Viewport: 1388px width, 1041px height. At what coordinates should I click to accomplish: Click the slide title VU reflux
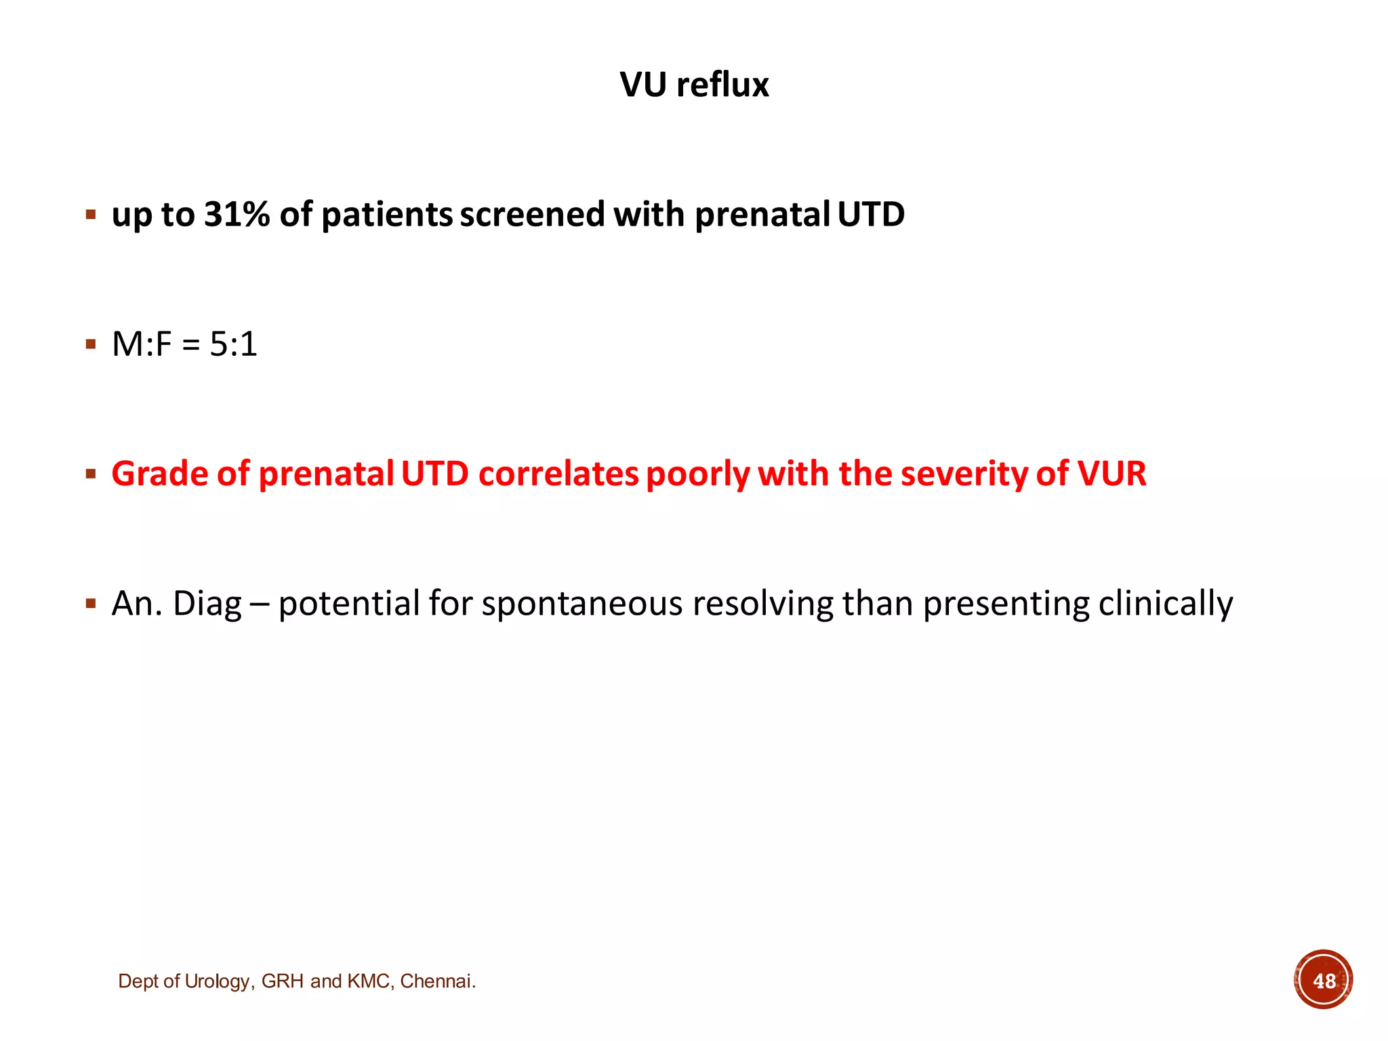tap(694, 85)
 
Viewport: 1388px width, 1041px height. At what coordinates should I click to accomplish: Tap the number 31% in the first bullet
tap(237, 214)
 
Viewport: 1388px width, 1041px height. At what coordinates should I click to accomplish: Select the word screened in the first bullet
tap(532, 214)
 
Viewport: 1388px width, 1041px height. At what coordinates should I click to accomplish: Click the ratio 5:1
tap(233, 344)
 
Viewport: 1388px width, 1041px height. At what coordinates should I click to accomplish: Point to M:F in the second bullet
tap(142, 344)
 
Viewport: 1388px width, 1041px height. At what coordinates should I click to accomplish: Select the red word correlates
tap(558, 474)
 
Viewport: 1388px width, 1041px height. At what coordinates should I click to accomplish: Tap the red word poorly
tap(697, 474)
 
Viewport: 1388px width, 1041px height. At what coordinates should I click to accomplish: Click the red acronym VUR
tap(1111, 474)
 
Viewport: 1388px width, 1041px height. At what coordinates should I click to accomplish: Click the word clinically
tap(1165, 603)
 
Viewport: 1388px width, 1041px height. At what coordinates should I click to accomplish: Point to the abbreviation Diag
tap(207, 603)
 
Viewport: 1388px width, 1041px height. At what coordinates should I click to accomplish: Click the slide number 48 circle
tap(1323, 980)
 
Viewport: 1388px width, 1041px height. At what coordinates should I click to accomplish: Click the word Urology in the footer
tap(216, 981)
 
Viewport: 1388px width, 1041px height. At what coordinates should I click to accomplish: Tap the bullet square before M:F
tap(91, 344)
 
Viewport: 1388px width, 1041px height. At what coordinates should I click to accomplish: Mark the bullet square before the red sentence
tap(91, 474)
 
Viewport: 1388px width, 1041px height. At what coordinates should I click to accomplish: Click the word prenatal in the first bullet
tap(762, 214)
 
